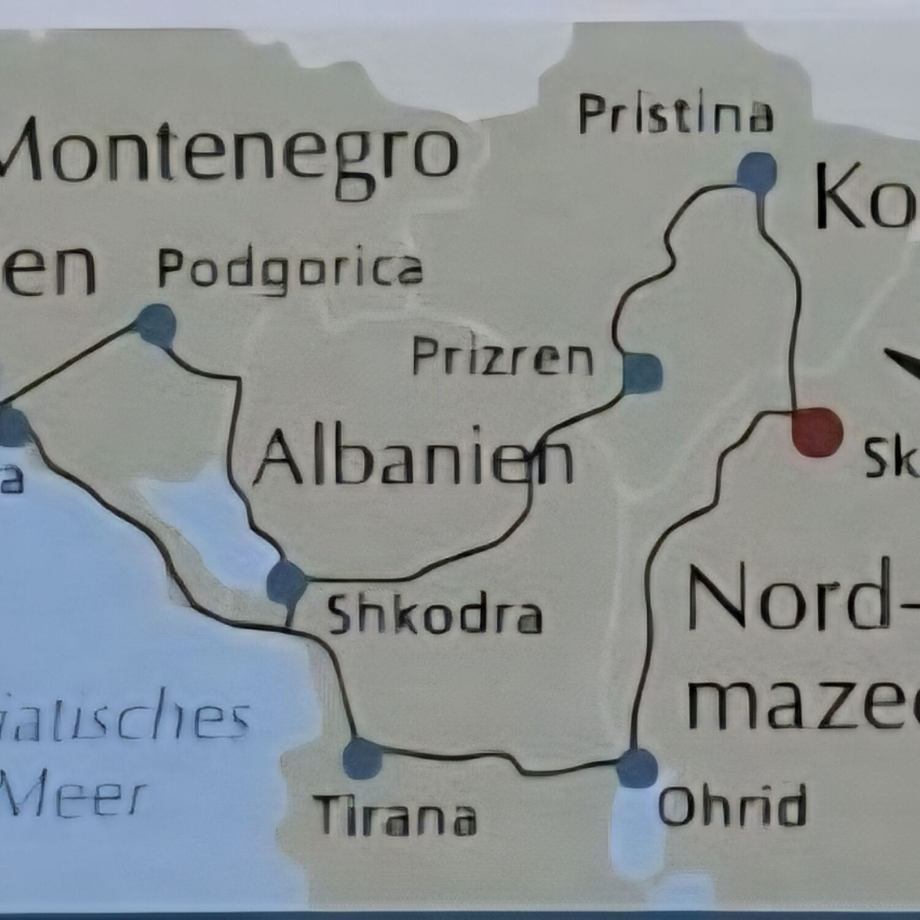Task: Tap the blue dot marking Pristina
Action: (757, 172)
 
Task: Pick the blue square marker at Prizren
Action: (642, 373)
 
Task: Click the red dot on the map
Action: (816, 432)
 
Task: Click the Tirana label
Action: (397, 816)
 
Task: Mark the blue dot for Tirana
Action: (362, 759)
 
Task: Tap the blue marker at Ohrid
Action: (637, 768)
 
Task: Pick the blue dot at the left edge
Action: (12, 427)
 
